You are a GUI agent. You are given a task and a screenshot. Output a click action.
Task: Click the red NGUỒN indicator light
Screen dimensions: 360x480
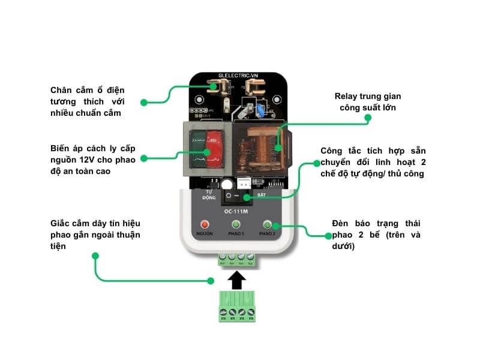click(205, 224)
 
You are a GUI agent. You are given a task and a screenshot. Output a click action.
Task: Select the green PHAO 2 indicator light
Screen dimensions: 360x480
click(267, 224)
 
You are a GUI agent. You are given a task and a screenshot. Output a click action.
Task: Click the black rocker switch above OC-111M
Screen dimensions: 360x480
click(236, 197)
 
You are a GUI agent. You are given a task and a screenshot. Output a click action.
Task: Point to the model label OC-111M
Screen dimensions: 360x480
click(236, 211)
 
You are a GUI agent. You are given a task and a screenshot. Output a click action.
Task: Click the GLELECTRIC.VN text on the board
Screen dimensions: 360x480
click(238, 76)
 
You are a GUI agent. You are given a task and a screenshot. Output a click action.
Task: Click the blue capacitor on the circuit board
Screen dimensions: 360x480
click(262, 110)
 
